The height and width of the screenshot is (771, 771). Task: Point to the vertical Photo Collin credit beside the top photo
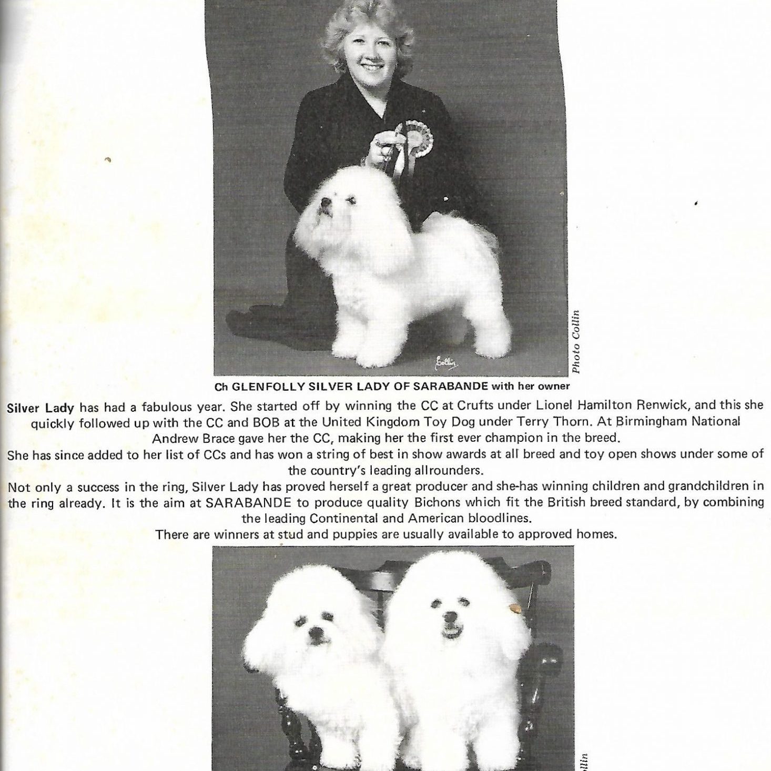click(x=576, y=342)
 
